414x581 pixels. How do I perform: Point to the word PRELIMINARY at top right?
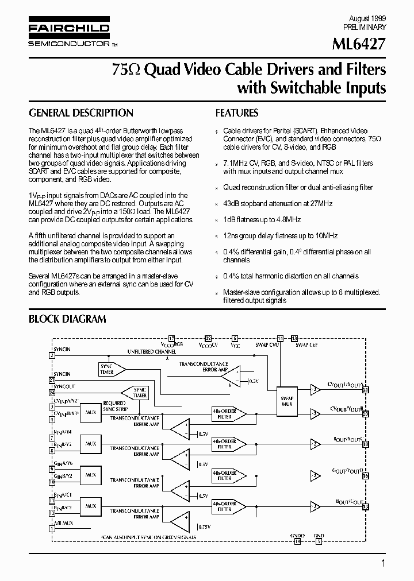pos(365,27)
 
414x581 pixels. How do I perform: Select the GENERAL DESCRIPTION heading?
pos(81,114)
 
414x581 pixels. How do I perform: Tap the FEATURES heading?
pos(237,114)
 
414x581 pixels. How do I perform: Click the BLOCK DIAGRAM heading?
pos(67,319)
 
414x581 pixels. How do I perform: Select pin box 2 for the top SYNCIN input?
pos(52,355)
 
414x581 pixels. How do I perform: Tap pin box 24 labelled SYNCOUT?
pos(52,393)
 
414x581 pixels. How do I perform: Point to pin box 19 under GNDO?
pos(297,541)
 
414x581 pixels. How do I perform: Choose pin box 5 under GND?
pos(319,541)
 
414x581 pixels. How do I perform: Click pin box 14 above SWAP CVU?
pos(280,338)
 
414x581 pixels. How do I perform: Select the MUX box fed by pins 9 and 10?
pos(90,475)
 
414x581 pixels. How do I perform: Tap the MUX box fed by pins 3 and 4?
pos(90,412)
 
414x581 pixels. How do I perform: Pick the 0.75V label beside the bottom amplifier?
pos(204,526)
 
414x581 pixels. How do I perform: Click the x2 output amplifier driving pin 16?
pos(315,475)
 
